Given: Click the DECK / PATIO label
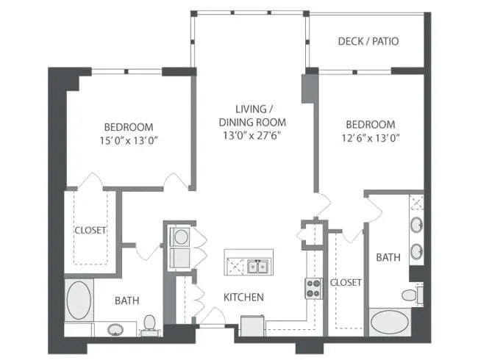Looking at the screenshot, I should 368,41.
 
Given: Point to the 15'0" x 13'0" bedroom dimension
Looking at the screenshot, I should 128,140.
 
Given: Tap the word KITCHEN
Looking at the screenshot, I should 243,298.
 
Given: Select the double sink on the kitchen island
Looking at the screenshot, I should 257,266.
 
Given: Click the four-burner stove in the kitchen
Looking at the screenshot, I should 313,289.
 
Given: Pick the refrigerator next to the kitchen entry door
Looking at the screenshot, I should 252,324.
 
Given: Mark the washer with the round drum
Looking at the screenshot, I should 179,237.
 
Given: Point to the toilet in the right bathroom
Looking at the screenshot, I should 410,295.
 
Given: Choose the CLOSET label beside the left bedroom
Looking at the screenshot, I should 90,230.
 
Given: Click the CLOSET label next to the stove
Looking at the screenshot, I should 344,282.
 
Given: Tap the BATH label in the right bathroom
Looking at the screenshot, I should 388,258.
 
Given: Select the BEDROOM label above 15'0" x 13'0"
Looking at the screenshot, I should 128,126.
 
